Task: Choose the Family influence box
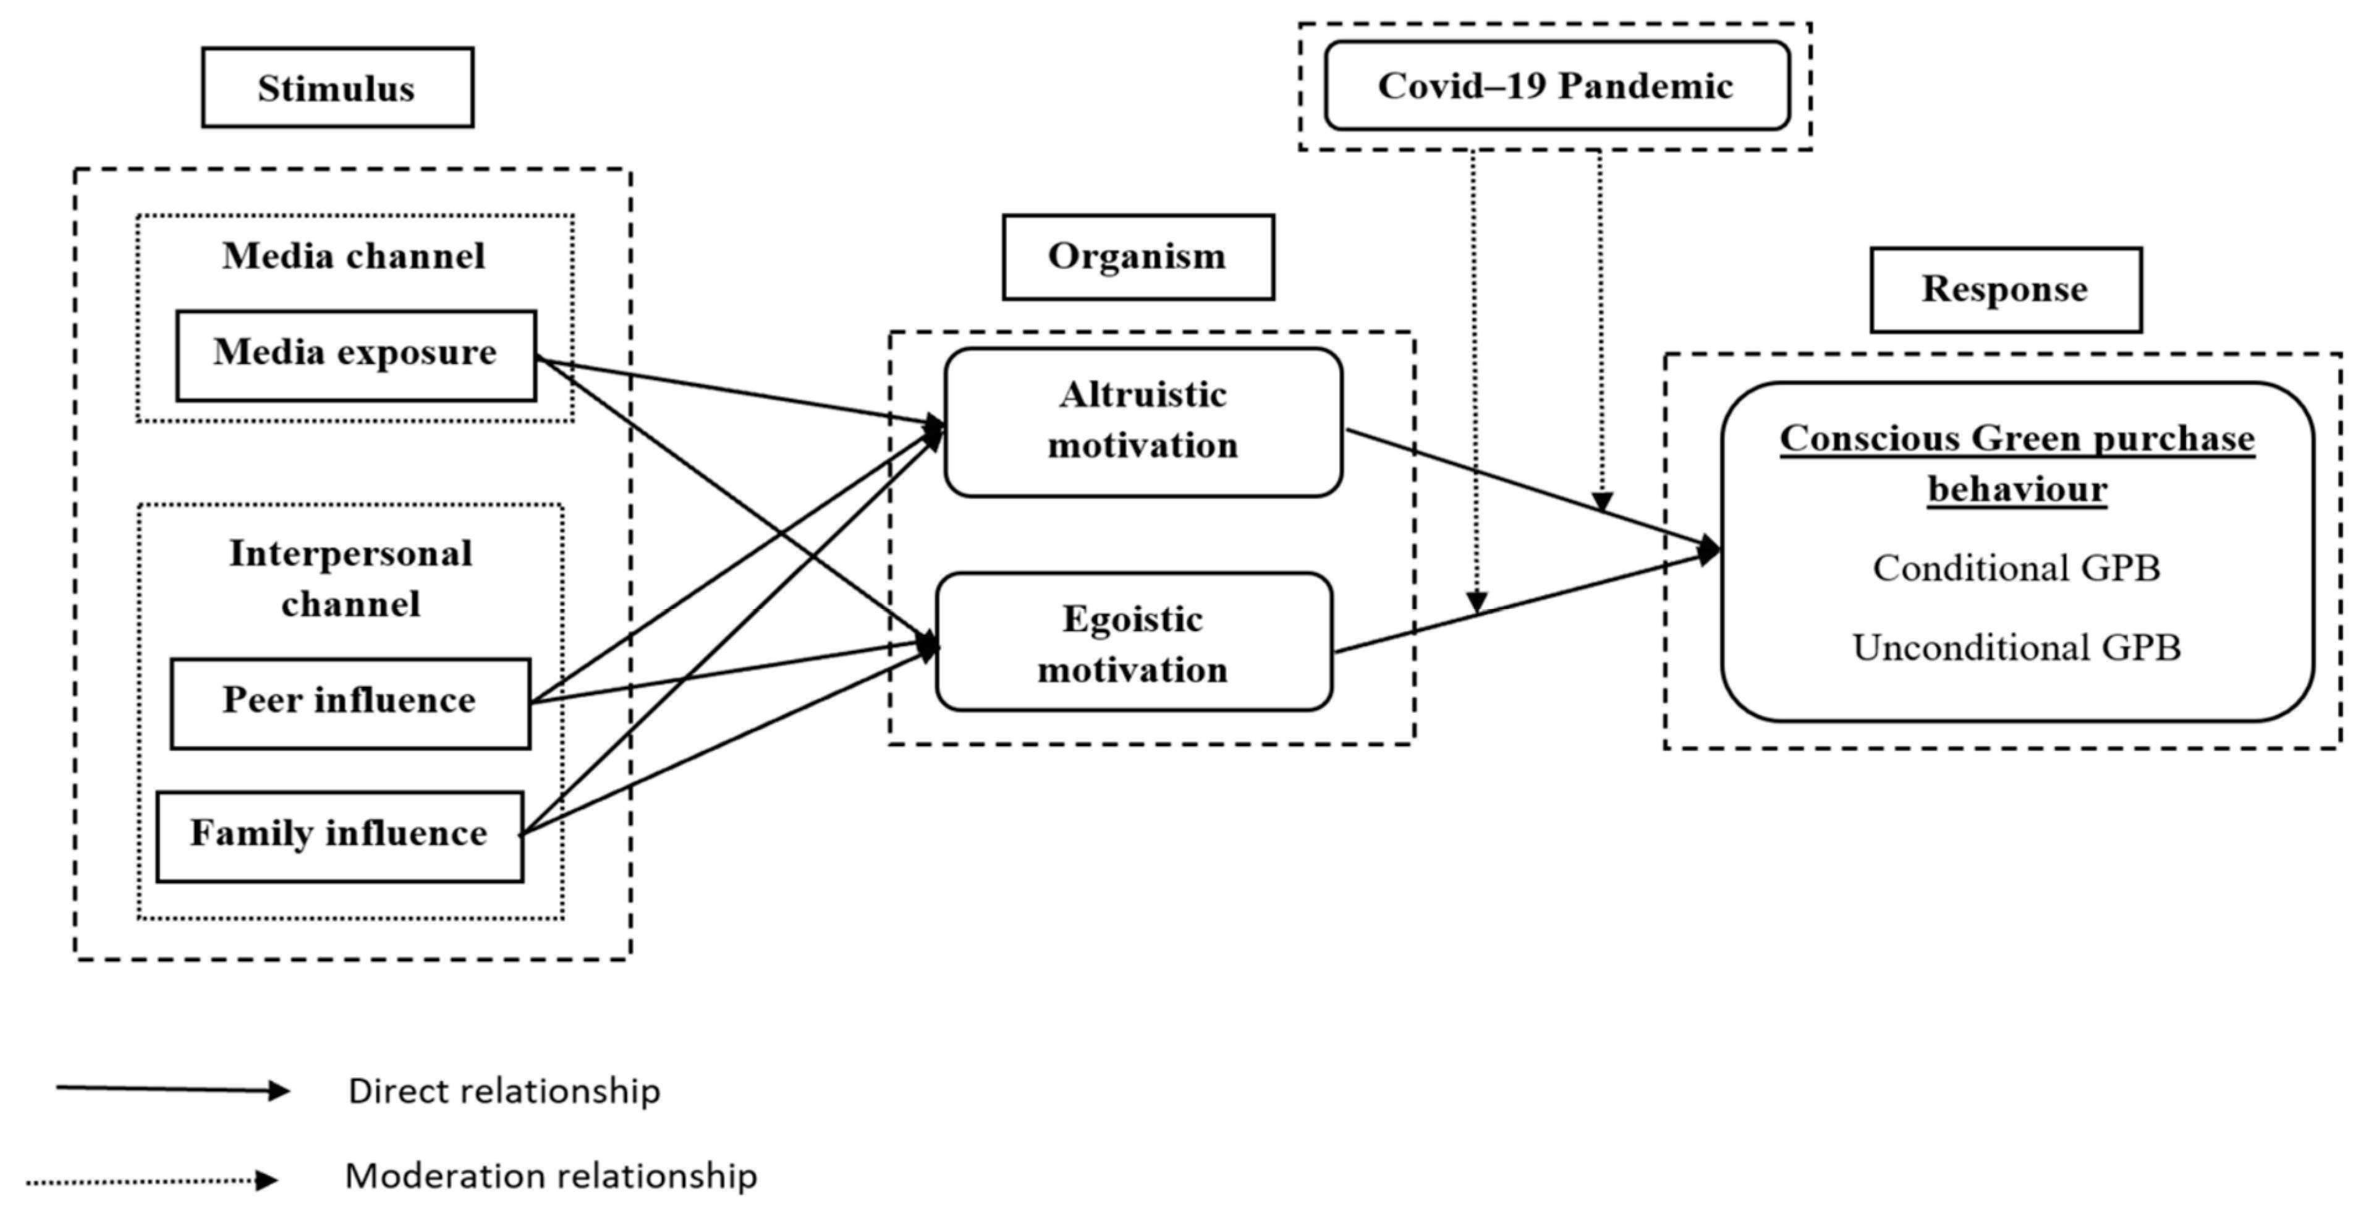(339, 836)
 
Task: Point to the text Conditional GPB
(2016, 569)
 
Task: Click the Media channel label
(353, 257)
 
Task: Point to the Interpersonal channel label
(350, 579)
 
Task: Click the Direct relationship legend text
(504, 1092)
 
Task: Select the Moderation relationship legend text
(550, 1176)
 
